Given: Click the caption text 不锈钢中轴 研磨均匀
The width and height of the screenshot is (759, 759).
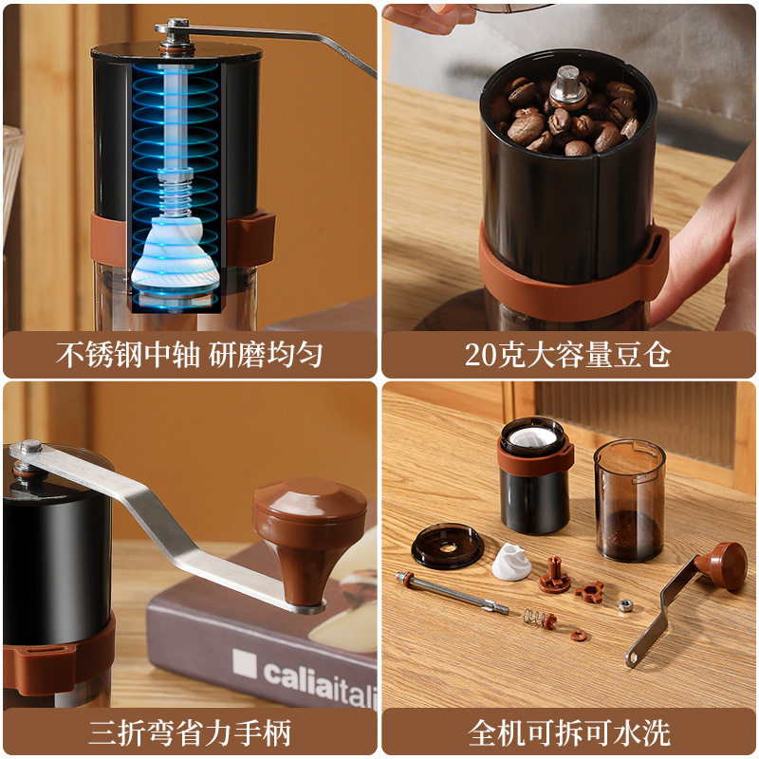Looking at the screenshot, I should pyautogui.click(x=189, y=355).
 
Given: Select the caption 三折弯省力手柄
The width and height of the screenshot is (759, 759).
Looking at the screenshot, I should pyautogui.click(x=189, y=732).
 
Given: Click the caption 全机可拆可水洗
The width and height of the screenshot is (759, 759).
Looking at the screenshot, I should pyautogui.click(x=568, y=732).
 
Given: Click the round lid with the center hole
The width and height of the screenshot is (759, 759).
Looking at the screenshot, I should pyautogui.click(x=448, y=548).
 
